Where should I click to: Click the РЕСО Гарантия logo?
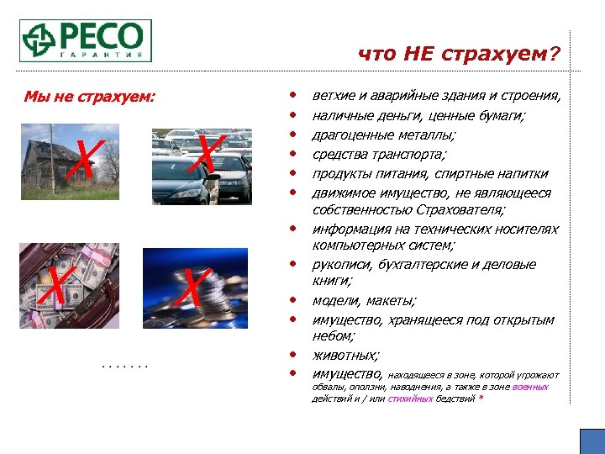[87, 40]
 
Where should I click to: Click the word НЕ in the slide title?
[420, 55]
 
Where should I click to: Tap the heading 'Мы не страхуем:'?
[90, 97]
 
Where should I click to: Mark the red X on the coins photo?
[193, 287]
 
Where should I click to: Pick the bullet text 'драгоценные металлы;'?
[384, 135]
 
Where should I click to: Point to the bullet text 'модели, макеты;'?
[363, 301]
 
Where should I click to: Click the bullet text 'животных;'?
[345, 356]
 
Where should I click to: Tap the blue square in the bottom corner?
[592, 441]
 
